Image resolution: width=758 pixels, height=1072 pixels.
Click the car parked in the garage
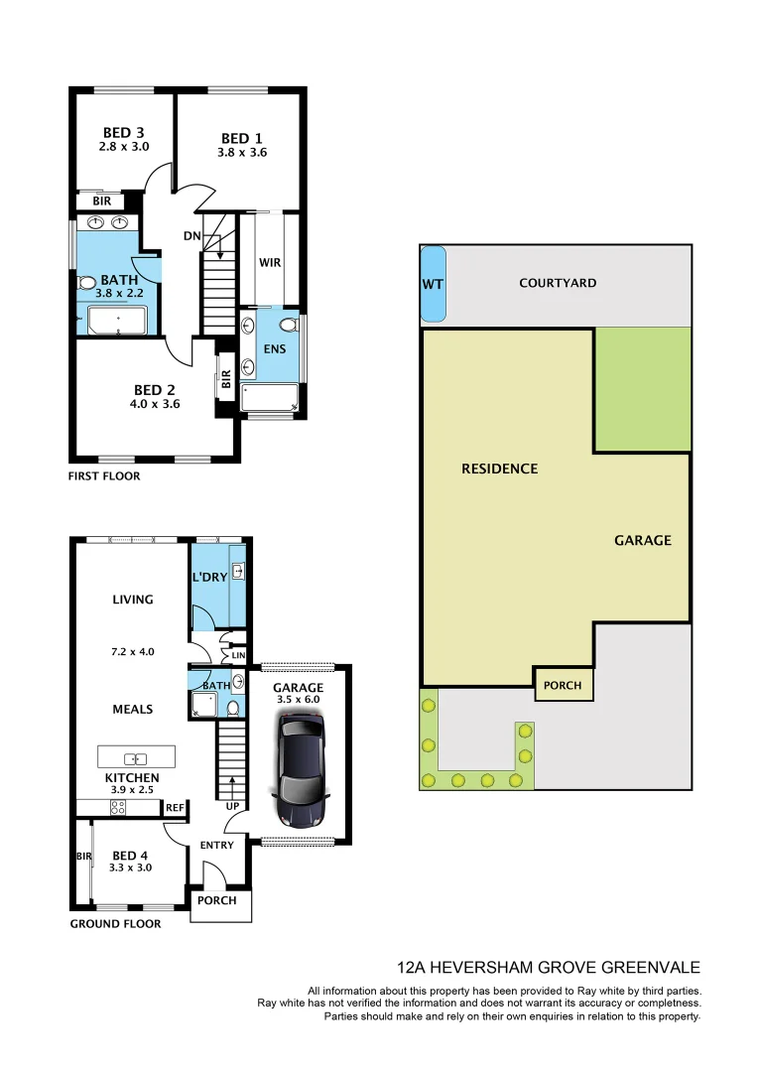coord(302,771)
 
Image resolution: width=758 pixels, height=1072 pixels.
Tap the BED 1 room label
coord(242,139)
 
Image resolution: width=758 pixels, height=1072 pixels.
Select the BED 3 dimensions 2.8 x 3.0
coord(124,147)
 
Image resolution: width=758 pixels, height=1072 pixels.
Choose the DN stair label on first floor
coord(193,236)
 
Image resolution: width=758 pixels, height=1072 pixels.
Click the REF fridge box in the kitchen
coord(175,808)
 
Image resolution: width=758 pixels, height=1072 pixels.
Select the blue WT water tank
coord(433,284)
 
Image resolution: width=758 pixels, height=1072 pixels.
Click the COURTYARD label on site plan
coord(558,283)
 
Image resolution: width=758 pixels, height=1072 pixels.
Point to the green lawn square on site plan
coord(642,389)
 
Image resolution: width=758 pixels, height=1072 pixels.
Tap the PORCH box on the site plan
coord(563,685)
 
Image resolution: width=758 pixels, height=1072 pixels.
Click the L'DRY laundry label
coord(209,578)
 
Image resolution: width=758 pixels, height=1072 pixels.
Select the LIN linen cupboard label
coord(237,656)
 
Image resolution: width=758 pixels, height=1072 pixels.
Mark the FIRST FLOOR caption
coord(104,476)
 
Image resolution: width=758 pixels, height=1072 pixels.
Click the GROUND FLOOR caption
coord(115,924)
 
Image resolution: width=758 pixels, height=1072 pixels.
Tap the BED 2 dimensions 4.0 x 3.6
coord(156,404)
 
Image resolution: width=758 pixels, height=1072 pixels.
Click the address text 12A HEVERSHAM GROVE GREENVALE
coord(548,967)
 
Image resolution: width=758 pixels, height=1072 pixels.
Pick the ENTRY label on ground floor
coord(216,846)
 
